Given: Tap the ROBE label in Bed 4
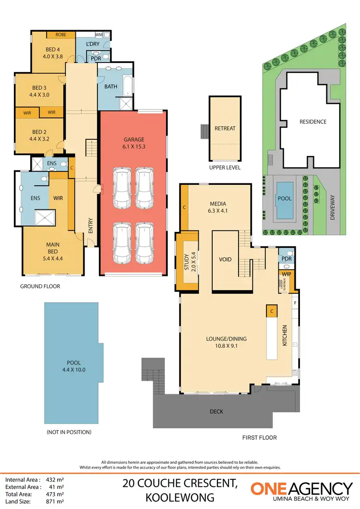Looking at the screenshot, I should tap(60, 35).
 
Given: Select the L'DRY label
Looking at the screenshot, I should tap(92, 45).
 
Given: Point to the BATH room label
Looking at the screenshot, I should tap(110, 87).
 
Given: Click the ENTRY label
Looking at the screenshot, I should tap(91, 226).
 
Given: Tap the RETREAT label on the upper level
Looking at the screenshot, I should tap(224, 129).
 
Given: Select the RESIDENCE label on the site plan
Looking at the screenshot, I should tap(313, 122).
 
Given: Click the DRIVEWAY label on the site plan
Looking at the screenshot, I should tap(333, 210).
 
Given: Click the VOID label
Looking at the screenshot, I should tap(225, 259).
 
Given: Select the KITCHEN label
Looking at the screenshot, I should tap(285, 336).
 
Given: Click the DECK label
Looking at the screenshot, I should tap(216, 412).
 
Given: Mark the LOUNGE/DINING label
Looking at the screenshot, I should tap(222, 341).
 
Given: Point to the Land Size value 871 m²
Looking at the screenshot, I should tap(55, 501).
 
